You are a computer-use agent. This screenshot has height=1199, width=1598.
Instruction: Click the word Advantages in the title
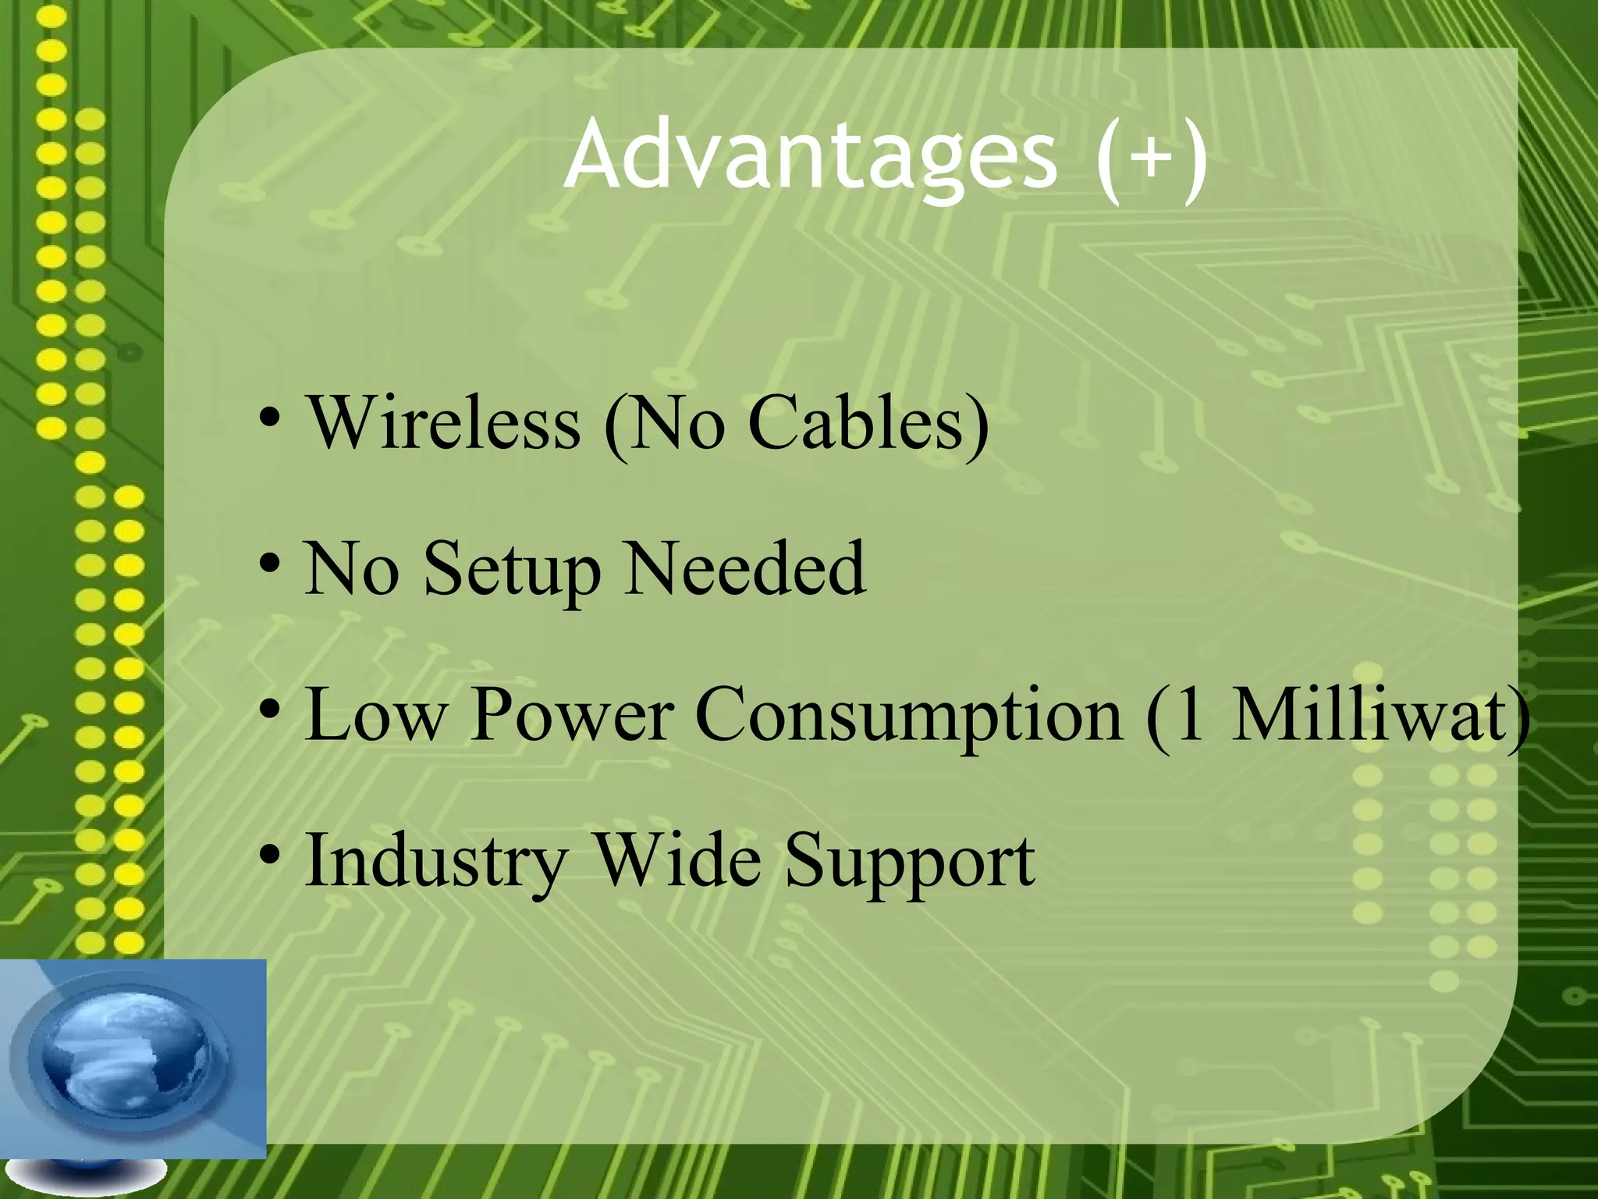tap(810, 156)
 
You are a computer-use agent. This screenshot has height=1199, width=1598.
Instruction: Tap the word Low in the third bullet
tap(374, 714)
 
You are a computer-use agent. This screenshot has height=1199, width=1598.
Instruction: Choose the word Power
tap(572, 714)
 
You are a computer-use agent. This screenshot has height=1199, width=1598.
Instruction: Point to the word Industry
tap(435, 861)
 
